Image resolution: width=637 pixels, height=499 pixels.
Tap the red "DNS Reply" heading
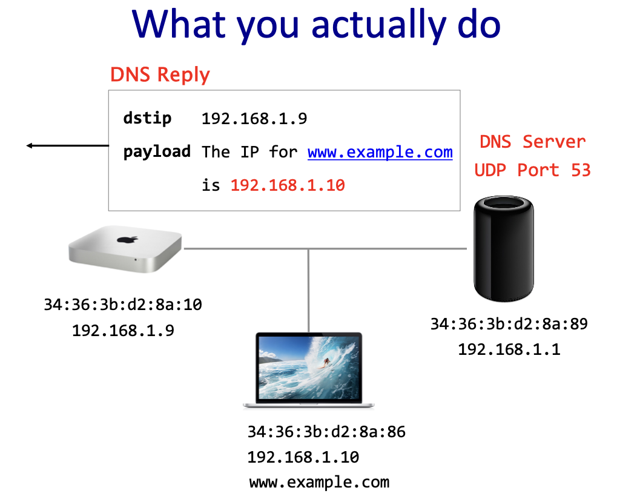point(160,74)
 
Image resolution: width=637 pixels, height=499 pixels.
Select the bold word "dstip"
point(147,118)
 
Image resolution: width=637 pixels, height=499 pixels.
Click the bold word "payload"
point(157,151)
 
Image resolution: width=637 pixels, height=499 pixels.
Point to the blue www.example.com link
point(380,151)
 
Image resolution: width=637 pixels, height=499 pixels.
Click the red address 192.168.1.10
point(288,185)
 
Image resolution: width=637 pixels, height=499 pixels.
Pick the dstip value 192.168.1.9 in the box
point(254,119)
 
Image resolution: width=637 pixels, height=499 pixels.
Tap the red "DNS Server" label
point(532,142)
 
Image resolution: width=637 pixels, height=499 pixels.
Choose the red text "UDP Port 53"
point(532,170)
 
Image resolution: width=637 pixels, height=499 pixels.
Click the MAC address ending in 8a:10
point(123,304)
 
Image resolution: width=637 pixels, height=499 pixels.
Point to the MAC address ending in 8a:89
point(509,324)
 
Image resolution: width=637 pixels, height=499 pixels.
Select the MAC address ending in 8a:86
point(326,432)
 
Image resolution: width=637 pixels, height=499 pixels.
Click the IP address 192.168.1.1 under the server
point(509,349)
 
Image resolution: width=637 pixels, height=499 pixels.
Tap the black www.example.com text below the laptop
point(319,483)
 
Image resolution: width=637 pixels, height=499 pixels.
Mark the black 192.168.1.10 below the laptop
point(303,457)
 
